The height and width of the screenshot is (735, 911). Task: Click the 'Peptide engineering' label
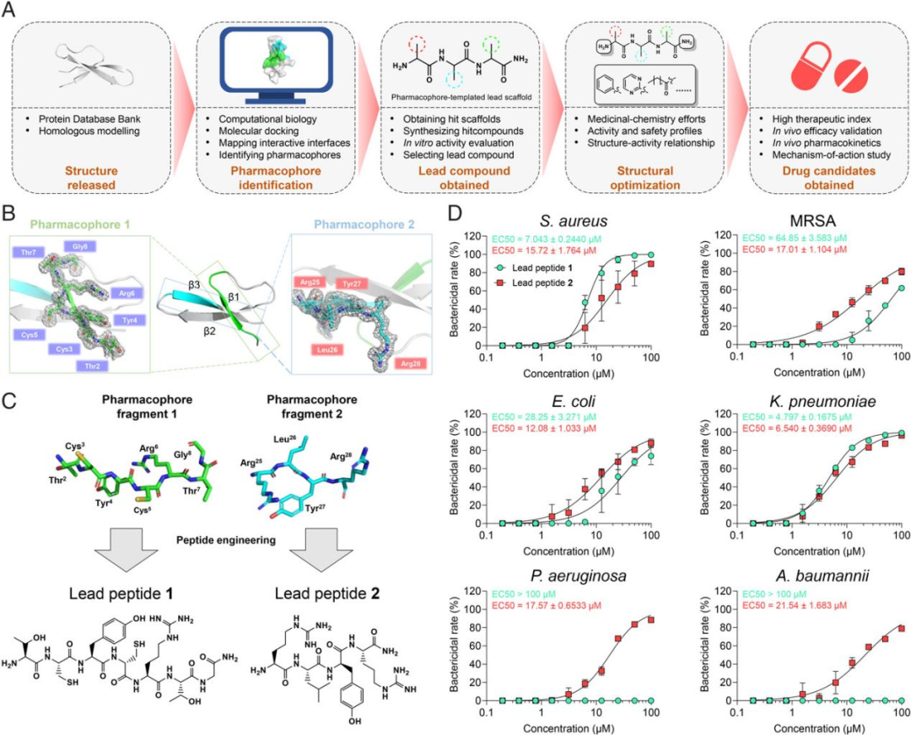click(228, 536)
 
